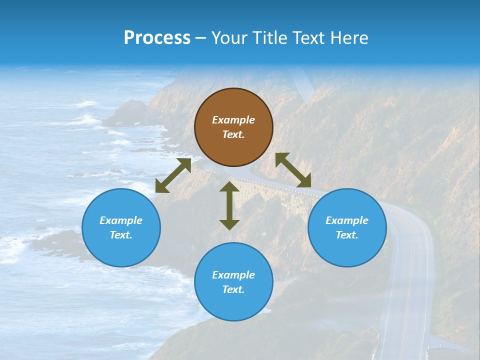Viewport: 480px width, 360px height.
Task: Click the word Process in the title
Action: (x=157, y=38)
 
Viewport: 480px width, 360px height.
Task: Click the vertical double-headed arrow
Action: (x=229, y=205)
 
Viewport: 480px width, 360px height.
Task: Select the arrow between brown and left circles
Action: (x=173, y=175)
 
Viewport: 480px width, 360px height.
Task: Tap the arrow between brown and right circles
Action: (x=293, y=170)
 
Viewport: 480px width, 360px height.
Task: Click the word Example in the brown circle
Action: (x=233, y=120)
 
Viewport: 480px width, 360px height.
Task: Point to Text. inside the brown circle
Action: (x=233, y=134)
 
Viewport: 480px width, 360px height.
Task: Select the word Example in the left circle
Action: (x=121, y=220)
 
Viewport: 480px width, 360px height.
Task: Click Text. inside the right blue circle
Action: (x=347, y=235)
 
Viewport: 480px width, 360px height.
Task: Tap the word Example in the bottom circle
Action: (x=233, y=275)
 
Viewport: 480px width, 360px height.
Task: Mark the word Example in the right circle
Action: (x=347, y=220)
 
